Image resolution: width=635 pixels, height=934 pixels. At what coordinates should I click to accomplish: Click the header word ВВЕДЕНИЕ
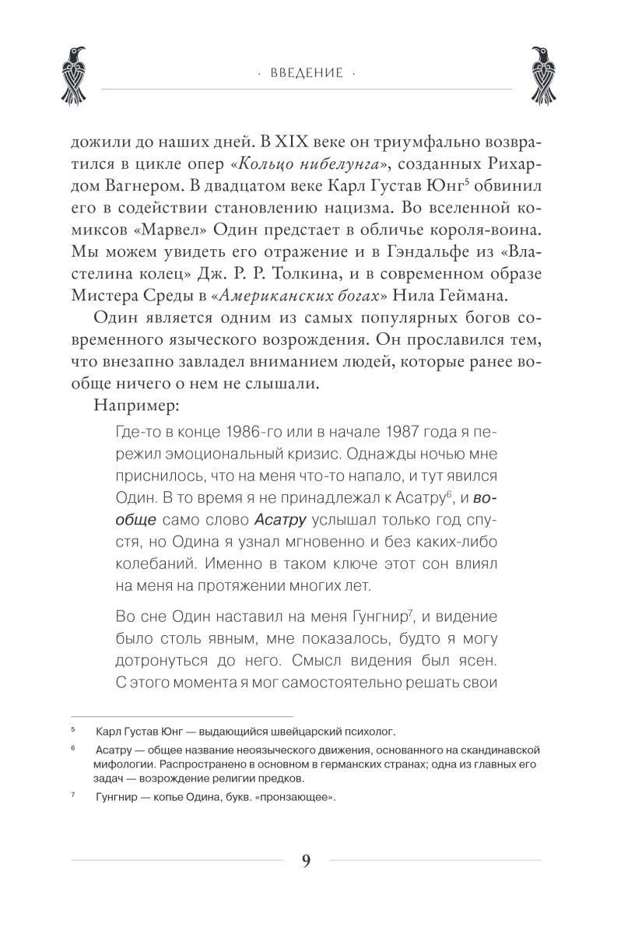(307, 73)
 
